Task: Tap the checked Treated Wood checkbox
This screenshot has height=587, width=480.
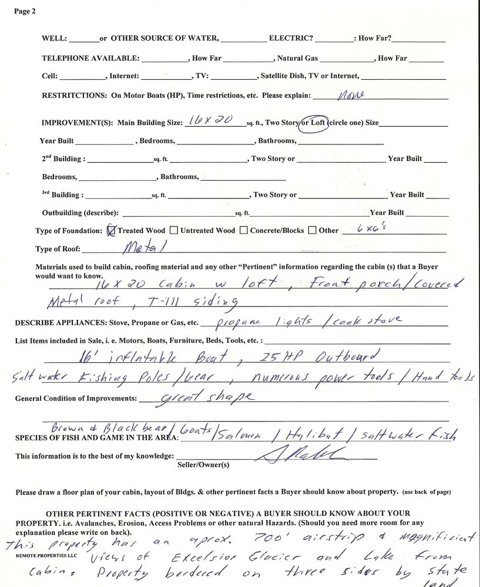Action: tap(112, 230)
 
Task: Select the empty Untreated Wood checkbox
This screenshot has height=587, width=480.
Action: tap(175, 230)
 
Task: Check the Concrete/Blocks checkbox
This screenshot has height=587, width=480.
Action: tap(244, 230)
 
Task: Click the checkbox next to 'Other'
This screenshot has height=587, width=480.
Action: tap(313, 230)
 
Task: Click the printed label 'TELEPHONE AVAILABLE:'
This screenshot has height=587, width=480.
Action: tap(90, 59)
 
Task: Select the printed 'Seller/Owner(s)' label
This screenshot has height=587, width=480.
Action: tap(203, 464)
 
